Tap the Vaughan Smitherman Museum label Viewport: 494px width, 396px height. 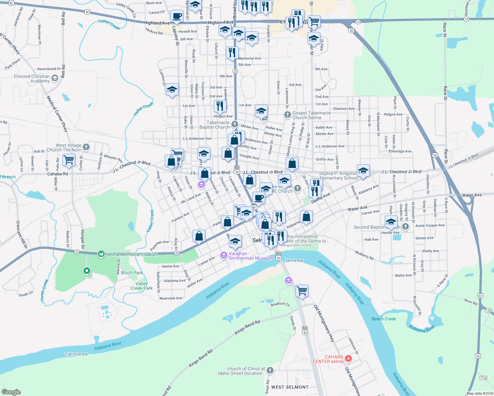(x=251, y=256)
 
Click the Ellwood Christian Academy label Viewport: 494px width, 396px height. (x=32, y=79)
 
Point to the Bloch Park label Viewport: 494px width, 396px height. (x=132, y=273)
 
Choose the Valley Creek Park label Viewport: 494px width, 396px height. (x=142, y=286)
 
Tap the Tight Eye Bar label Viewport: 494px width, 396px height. (x=76, y=354)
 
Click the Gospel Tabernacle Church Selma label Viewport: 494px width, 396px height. (x=311, y=115)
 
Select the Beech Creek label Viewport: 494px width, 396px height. (x=384, y=319)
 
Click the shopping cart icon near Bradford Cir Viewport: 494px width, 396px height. (x=302, y=291)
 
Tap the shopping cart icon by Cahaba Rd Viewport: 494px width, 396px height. (x=69, y=160)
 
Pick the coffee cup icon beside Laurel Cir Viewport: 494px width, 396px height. (x=177, y=16)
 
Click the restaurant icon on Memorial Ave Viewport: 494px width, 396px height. (x=232, y=52)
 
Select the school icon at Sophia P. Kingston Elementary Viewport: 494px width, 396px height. (x=363, y=171)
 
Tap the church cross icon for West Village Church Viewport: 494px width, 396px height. (x=86, y=147)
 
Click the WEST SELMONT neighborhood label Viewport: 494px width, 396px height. (x=290, y=387)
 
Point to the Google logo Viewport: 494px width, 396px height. (x=11, y=392)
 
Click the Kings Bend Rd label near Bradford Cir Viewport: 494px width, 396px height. (x=247, y=327)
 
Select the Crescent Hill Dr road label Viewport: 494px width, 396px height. (x=22, y=235)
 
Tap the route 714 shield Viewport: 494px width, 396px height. (x=483, y=378)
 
